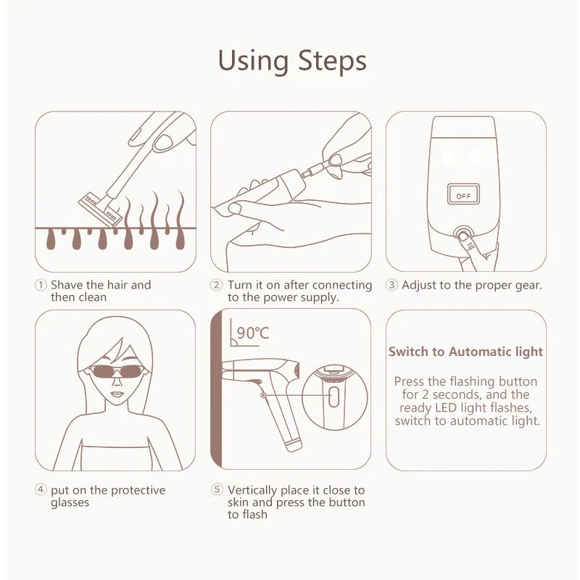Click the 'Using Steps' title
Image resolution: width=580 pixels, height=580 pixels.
292,61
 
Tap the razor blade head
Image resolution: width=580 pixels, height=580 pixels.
100,208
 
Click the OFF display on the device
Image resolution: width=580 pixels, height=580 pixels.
463,194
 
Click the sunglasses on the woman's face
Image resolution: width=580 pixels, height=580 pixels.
117,371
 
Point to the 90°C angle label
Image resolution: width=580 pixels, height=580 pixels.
252,333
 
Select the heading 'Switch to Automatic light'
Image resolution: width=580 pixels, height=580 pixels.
465,352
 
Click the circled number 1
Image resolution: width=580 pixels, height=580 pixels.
41,285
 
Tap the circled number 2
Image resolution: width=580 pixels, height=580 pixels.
216,285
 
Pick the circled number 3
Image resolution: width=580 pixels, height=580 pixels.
391,285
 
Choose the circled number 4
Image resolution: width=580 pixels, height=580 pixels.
41,490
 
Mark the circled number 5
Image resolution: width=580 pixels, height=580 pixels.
216,490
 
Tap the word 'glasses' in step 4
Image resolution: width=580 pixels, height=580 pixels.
70,502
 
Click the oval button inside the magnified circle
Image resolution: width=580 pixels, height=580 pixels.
333,397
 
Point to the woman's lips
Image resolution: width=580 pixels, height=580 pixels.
117,394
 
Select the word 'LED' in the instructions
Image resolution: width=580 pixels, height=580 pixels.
447,407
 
